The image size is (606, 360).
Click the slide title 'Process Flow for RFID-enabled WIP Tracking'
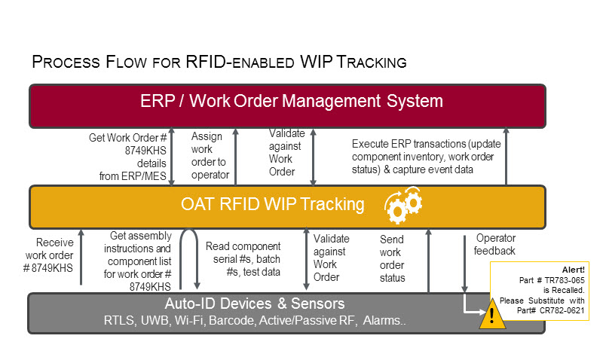pos(219,62)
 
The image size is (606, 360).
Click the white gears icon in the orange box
pos(403,205)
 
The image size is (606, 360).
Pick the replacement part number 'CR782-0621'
pos(569,309)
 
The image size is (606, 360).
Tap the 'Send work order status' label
pos(393,258)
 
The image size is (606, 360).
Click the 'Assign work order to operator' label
pos(209,155)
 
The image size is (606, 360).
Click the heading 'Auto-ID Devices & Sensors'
pos(255,304)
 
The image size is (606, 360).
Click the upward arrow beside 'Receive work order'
pos(81,260)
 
